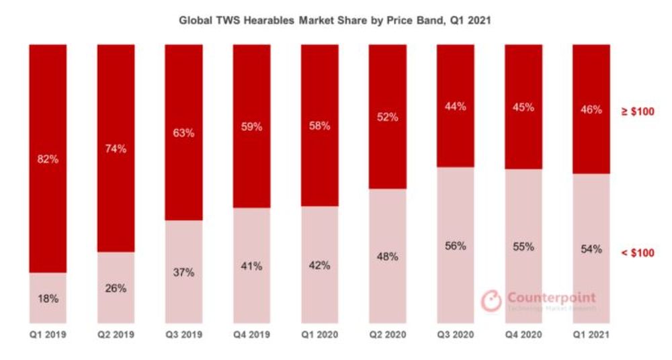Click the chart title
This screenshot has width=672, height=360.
click(x=335, y=21)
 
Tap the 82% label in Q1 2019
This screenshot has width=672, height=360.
click(x=48, y=159)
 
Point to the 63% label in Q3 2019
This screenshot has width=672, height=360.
click(x=183, y=133)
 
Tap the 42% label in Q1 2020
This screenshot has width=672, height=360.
click(x=319, y=265)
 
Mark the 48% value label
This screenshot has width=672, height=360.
click(x=386, y=257)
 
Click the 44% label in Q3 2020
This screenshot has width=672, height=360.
click(x=454, y=106)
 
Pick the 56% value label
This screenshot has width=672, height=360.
click(x=454, y=246)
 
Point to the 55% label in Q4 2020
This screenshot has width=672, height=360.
click(x=522, y=246)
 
